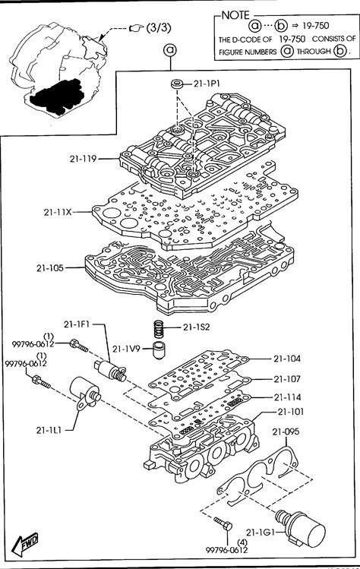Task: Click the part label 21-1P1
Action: pyautogui.click(x=207, y=84)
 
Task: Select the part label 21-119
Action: pyautogui.click(x=83, y=159)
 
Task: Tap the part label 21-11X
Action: pyautogui.click(x=58, y=212)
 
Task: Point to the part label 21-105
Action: pyautogui.click(x=50, y=268)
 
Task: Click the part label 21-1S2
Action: pyautogui.click(x=197, y=327)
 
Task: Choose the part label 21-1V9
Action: pyautogui.click(x=126, y=349)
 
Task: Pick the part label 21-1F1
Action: pyautogui.click(x=77, y=324)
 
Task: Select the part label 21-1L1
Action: pyautogui.click(x=49, y=431)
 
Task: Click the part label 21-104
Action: pyautogui.click(x=287, y=359)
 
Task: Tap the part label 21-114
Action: pyautogui.click(x=288, y=397)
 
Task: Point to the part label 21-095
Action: pyautogui.click(x=286, y=431)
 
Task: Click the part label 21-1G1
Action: pyautogui.click(x=260, y=533)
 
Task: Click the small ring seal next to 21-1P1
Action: pyautogui.click(x=178, y=84)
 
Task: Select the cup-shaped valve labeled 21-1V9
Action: pyautogui.click(x=158, y=350)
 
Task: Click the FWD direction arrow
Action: pyautogui.click(x=24, y=543)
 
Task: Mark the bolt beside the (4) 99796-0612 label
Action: pyautogui.click(x=223, y=523)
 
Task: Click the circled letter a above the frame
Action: pyautogui.click(x=170, y=50)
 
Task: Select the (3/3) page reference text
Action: pyautogui.click(x=159, y=27)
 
